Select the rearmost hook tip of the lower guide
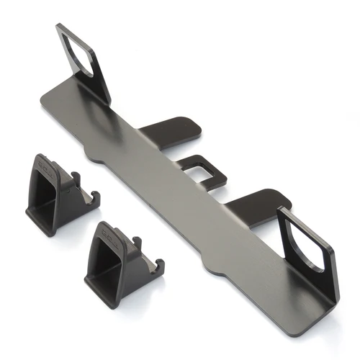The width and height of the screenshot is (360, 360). pos(161,269)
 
